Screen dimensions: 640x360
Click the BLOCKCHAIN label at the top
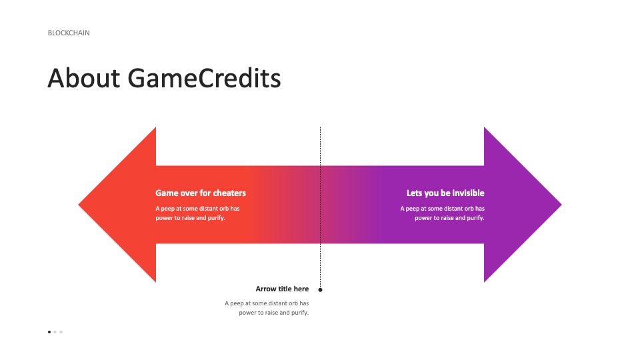(69, 33)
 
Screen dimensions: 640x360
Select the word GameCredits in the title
(204, 78)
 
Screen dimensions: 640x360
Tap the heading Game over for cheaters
(201, 193)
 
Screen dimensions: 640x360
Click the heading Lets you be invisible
(445, 193)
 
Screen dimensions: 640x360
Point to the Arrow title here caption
(282, 289)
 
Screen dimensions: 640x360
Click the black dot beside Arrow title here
(321, 290)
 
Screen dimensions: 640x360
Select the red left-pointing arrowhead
(117, 205)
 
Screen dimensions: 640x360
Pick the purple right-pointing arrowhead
(523, 205)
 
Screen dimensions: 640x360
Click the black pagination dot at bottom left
(49, 332)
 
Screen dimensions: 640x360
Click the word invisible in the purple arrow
(468, 193)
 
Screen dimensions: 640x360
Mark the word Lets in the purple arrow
(414, 193)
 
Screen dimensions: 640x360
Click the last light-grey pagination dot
(61, 332)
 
